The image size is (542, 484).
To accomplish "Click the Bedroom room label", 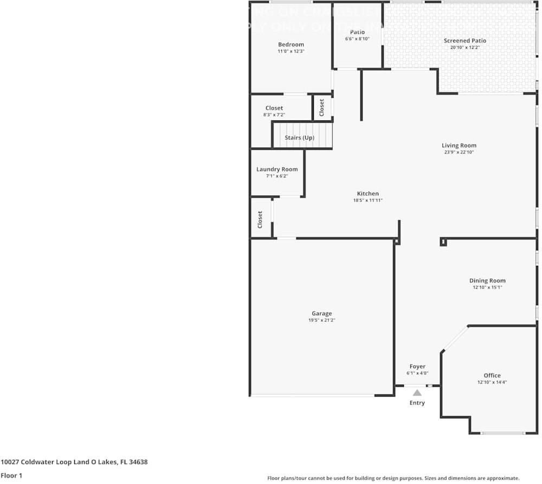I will pyautogui.click(x=291, y=44).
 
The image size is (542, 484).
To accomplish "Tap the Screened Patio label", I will pyautogui.click(x=465, y=41).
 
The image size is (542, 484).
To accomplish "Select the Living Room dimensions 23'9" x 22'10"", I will pyautogui.click(x=459, y=152).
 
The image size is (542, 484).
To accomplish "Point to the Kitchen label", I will pyautogui.click(x=368, y=194).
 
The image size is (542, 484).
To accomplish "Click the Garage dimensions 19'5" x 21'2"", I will pyautogui.click(x=321, y=320).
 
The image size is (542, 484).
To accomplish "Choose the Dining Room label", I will pyautogui.click(x=487, y=281).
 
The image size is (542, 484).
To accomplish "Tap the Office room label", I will pyautogui.click(x=492, y=375).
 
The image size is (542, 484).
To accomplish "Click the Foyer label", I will pyautogui.click(x=417, y=367).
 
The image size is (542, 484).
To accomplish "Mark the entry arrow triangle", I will pyautogui.click(x=417, y=392).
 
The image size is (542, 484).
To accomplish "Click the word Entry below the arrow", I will pyautogui.click(x=417, y=403).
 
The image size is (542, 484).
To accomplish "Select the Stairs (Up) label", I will pyautogui.click(x=300, y=138).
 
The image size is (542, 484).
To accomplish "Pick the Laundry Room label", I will pyautogui.click(x=277, y=169).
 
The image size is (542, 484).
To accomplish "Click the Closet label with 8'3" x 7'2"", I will pyautogui.click(x=274, y=108).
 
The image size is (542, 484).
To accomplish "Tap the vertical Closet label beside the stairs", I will pyautogui.click(x=321, y=107).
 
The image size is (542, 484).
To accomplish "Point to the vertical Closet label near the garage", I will pyautogui.click(x=260, y=219).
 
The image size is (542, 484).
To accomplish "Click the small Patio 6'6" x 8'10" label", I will pyautogui.click(x=357, y=32).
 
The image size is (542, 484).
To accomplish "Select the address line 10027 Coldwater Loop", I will pyautogui.click(x=74, y=462).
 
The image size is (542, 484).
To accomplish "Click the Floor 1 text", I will pyautogui.click(x=11, y=475).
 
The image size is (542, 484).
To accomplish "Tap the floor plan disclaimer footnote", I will pyautogui.click(x=393, y=478).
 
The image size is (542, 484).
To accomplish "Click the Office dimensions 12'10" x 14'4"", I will pyautogui.click(x=492, y=382).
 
